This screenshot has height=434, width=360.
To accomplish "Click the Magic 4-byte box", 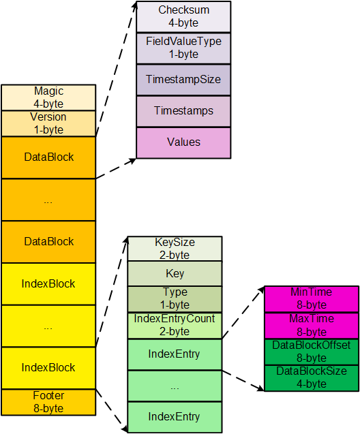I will [x=48, y=97].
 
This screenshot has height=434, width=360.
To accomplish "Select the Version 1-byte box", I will [x=48, y=123].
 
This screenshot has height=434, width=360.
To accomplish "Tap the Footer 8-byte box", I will [x=48, y=402].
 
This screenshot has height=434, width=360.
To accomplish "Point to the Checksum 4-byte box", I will [x=183, y=16].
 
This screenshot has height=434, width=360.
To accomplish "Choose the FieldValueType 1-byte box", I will [x=183, y=48].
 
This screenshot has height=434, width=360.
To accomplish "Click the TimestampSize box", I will [x=183, y=80].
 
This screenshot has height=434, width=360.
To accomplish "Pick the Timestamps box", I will [x=183, y=111].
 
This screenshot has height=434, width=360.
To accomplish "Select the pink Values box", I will [x=183, y=142].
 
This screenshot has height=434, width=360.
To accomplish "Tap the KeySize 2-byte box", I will [x=175, y=249].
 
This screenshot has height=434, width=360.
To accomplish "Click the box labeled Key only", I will [x=175, y=274].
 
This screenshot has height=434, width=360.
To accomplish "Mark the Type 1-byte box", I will [x=175, y=298].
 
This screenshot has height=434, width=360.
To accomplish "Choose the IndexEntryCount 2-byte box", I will [x=175, y=325].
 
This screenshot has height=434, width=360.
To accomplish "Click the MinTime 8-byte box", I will [x=312, y=298].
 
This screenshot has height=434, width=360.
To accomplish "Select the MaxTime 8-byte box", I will [x=312, y=326].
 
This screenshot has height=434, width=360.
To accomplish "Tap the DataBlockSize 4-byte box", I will [x=312, y=378].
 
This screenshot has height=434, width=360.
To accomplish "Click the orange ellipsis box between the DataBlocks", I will [x=48, y=200].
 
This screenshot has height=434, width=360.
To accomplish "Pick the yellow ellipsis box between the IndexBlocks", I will [x=48, y=326].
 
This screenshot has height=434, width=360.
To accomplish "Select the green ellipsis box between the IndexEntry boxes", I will [x=175, y=386].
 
